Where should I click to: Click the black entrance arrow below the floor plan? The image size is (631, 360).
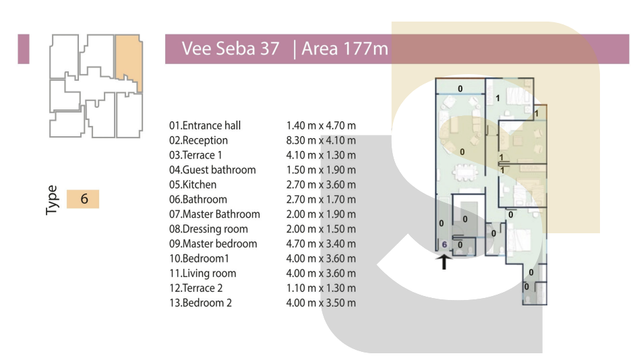(x=444, y=262)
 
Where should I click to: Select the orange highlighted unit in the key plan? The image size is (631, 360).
(x=129, y=62)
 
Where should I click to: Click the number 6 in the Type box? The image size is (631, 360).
(x=84, y=199)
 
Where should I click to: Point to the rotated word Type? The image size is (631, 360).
(x=52, y=200)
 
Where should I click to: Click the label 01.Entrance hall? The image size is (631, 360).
(x=205, y=125)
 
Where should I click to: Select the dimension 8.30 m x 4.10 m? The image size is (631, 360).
(x=321, y=140)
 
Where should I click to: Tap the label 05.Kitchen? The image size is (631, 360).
(x=193, y=185)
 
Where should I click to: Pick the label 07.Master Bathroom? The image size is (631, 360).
(x=214, y=214)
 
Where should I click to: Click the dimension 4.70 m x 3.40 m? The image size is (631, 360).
(x=321, y=244)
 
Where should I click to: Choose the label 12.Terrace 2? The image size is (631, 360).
(x=196, y=288)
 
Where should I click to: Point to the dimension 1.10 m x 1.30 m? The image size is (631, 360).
(x=321, y=288)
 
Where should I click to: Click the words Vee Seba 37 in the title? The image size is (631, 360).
(x=231, y=49)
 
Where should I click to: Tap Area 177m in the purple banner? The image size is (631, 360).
(x=345, y=49)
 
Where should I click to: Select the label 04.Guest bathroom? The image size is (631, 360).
(x=212, y=170)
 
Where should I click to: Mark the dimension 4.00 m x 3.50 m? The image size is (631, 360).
(x=321, y=303)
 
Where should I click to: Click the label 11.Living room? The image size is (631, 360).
(x=203, y=274)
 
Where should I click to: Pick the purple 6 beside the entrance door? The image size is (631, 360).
(x=444, y=244)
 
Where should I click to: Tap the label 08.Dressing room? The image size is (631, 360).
(x=208, y=229)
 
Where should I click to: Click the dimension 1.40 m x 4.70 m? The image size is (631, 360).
(x=321, y=125)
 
